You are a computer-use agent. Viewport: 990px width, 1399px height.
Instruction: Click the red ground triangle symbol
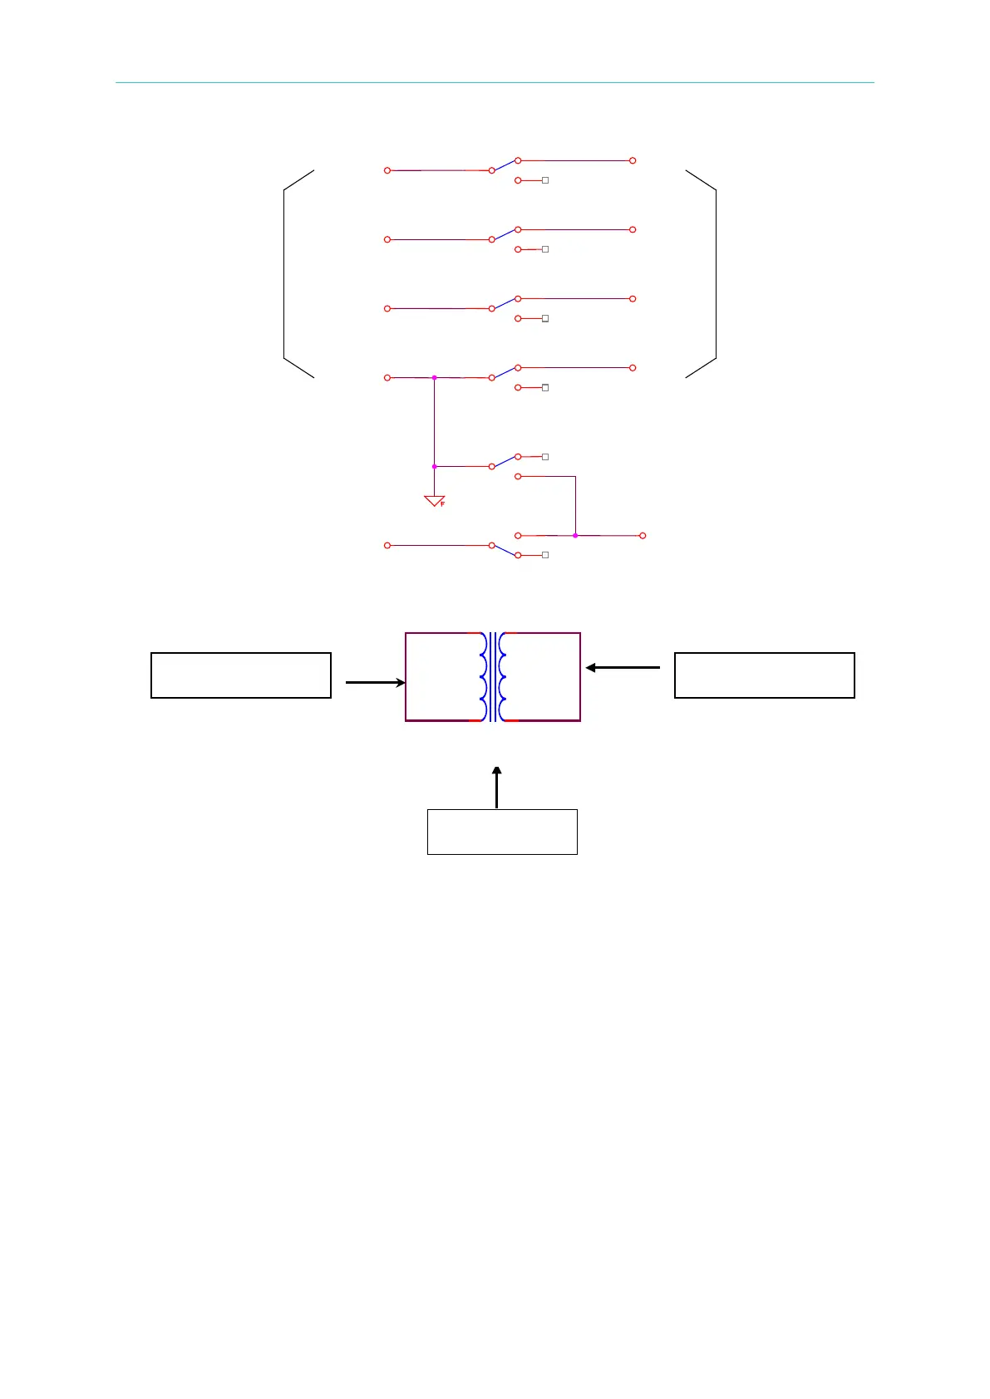coord(434,501)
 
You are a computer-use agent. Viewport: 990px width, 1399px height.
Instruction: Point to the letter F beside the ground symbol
coord(443,504)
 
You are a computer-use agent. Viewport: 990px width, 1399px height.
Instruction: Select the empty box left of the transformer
coord(241,675)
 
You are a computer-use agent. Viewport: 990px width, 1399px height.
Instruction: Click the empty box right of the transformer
coord(764,675)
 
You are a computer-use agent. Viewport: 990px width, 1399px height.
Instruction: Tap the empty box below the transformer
coord(502,832)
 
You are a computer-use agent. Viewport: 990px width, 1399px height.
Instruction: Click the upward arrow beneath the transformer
coord(497,787)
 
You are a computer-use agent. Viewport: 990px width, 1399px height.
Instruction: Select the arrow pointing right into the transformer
coord(375,683)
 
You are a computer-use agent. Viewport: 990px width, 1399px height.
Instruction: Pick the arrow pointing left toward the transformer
coord(623,667)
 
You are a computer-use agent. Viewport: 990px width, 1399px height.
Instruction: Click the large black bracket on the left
coord(285,274)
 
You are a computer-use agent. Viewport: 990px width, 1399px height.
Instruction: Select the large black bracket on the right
coord(715,274)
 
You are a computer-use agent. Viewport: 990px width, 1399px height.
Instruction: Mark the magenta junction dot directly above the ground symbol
coord(434,467)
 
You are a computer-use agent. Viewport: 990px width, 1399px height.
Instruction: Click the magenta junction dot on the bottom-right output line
coord(575,536)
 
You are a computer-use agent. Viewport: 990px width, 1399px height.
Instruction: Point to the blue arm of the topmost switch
coord(505,165)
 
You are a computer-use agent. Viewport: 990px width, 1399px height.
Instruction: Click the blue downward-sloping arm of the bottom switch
coord(505,551)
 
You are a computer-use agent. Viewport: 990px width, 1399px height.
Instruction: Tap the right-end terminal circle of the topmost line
coord(633,160)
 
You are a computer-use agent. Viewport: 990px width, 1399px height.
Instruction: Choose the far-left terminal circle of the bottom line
coord(387,546)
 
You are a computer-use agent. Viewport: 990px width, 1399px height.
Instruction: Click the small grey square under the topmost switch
coord(545,180)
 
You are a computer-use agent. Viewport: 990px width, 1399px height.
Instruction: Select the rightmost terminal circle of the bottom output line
coord(643,536)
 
